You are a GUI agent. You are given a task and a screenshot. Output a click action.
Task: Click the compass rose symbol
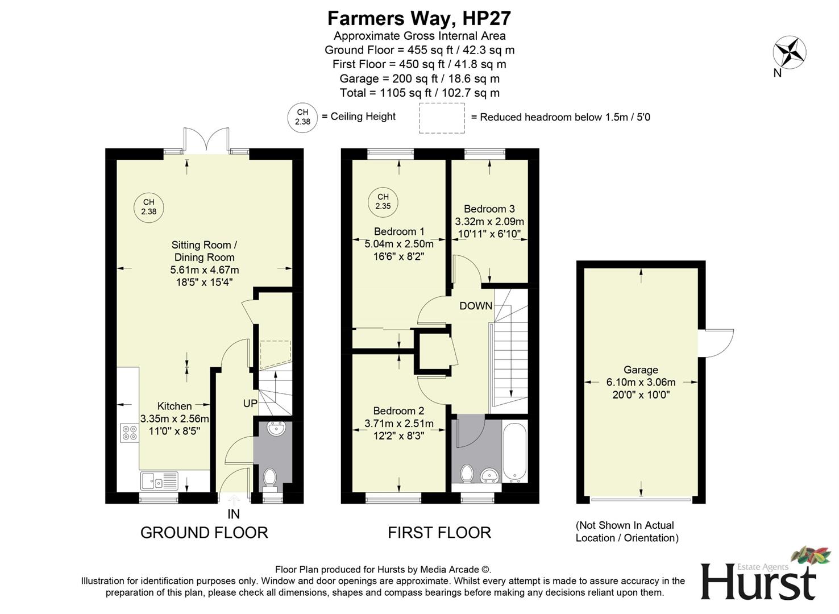click(x=789, y=52)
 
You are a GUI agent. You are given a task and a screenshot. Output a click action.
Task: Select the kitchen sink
click(x=159, y=481)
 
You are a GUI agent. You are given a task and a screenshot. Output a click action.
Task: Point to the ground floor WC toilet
click(x=270, y=478)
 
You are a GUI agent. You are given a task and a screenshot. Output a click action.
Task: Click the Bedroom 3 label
click(x=489, y=209)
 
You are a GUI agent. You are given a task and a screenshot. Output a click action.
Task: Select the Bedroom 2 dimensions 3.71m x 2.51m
click(x=398, y=423)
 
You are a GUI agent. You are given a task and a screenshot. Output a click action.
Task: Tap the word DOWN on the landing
click(x=476, y=306)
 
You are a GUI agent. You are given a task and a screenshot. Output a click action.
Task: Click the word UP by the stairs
click(x=250, y=403)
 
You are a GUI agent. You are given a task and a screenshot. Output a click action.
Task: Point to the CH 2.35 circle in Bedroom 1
click(x=383, y=202)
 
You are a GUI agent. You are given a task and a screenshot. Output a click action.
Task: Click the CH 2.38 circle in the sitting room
click(x=148, y=207)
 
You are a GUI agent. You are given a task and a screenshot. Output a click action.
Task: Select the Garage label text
click(x=641, y=370)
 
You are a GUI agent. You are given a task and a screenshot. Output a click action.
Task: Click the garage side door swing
click(x=717, y=343)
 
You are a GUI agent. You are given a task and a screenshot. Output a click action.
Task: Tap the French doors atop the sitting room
click(x=207, y=140)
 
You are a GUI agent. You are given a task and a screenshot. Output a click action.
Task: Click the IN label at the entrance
click(x=234, y=514)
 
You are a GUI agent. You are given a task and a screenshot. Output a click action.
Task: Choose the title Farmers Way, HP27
click(x=419, y=18)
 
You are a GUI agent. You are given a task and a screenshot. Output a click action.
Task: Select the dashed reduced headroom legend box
click(x=442, y=118)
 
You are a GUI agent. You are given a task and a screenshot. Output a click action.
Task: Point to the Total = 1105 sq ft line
click(x=419, y=93)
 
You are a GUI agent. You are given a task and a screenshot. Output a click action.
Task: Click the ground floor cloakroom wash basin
click(x=277, y=429)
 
